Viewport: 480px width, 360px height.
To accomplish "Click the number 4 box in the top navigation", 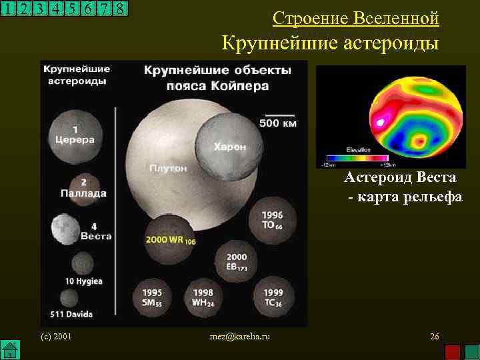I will (55, 9).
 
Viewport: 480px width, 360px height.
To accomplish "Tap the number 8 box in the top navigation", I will (120, 9).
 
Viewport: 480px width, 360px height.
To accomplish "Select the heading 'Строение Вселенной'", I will (356, 19).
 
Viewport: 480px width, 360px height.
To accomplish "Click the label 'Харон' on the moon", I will (230, 147).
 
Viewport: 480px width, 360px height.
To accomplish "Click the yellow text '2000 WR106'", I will (170, 239).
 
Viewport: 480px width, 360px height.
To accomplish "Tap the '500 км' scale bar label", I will (278, 123).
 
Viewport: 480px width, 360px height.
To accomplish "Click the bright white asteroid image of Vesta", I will (65, 229).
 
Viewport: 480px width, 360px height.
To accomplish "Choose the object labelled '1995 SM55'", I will (153, 297).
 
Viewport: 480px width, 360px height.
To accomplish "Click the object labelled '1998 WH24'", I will (203, 297).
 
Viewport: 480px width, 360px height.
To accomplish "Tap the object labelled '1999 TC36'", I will (273, 297).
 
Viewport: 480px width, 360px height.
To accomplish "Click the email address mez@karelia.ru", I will (239, 337).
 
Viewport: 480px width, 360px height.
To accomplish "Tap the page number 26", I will (434, 337).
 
